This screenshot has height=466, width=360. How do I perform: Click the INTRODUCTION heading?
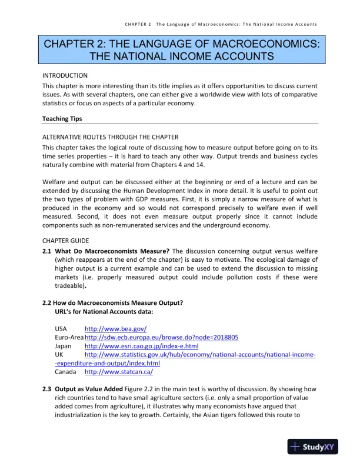point(65,75)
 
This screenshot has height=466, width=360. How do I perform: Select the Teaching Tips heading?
point(62,119)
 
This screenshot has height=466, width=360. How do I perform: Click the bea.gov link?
point(115,328)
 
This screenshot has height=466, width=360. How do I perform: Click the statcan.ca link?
point(119,372)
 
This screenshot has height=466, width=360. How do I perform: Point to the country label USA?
point(61,328)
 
